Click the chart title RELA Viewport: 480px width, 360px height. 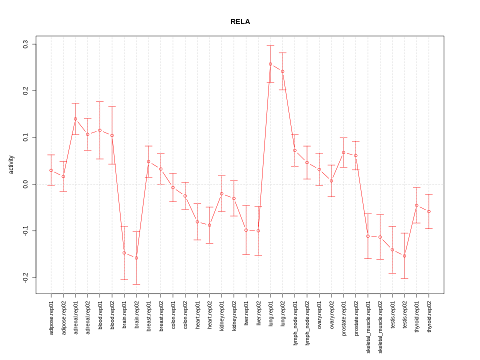click(240, 22)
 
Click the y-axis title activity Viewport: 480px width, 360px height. click(11, 164)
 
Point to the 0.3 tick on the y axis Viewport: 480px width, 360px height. click(25, 44)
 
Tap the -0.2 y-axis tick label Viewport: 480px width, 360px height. click(25, 277)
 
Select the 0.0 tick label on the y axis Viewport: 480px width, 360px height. click(25, 184)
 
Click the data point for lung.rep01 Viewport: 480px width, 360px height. click(270, 64)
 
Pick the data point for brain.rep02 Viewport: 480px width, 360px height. click(136, 258)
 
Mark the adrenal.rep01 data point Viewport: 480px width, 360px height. click(75, 119)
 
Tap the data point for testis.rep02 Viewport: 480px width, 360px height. click(404, 256)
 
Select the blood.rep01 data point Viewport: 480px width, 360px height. click(100, 130)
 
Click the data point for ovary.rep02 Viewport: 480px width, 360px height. click(331, 181)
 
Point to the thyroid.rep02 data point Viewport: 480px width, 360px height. click(429, 211)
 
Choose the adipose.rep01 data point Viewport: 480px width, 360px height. click(51, 170)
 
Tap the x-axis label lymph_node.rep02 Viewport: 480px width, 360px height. click(307, 322)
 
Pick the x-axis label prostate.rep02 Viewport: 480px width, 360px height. click(356, 320)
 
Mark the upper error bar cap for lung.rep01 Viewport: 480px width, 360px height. click(270, 45)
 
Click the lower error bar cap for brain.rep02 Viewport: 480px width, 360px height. click(136, 284)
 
